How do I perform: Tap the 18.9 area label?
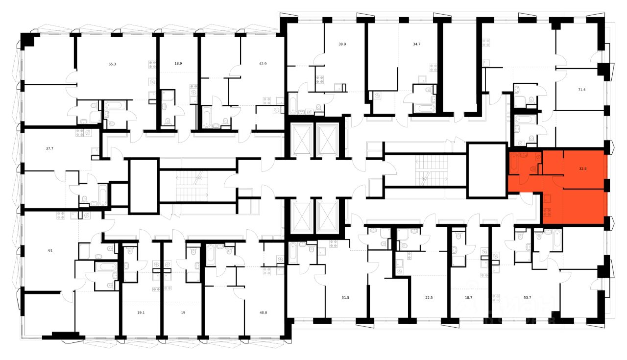[178, 64]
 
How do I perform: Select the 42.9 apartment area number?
[263, 64]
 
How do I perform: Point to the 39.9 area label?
[342, 44]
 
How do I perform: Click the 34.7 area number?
[417, 44]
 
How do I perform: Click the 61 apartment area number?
[50, 251]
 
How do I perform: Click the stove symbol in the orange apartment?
[548, 212]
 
